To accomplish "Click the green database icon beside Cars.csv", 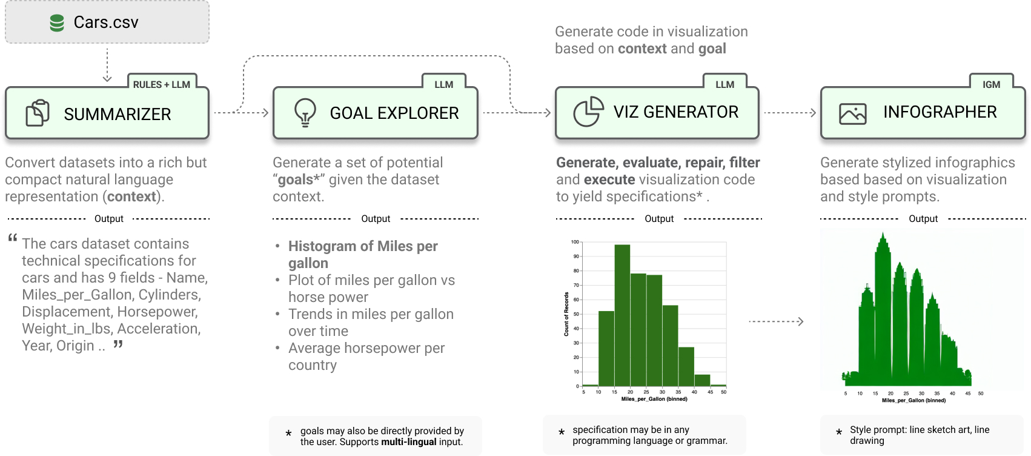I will click(x=57, y=23).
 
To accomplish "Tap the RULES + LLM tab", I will click(x=162, y=84).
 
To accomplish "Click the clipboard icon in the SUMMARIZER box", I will click(x=38, y=113).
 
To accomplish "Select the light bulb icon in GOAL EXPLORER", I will click(x=305, y=112).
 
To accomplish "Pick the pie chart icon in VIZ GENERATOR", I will click(x=588, y=112).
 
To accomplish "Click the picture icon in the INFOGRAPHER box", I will click(x=852, y=113).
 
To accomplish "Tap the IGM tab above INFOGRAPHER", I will click(x=991, y=84).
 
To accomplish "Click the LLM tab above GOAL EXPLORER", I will click(x=443, y=84).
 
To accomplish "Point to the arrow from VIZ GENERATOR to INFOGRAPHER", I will click(x=790, y=113).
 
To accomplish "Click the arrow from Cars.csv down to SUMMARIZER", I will click(x=107, y=67).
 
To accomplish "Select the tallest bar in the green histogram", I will click(x=622, y=315).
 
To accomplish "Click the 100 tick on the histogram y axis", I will click(x=575, y=242).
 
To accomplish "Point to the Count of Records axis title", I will click(x=566, y=314).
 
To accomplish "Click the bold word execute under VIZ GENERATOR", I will click(x=609, y=179).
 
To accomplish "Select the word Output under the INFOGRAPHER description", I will click(x=923, y=219).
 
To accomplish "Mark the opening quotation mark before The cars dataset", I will click(x=13, y=238).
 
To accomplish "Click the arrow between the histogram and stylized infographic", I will click(x=776, y=321).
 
